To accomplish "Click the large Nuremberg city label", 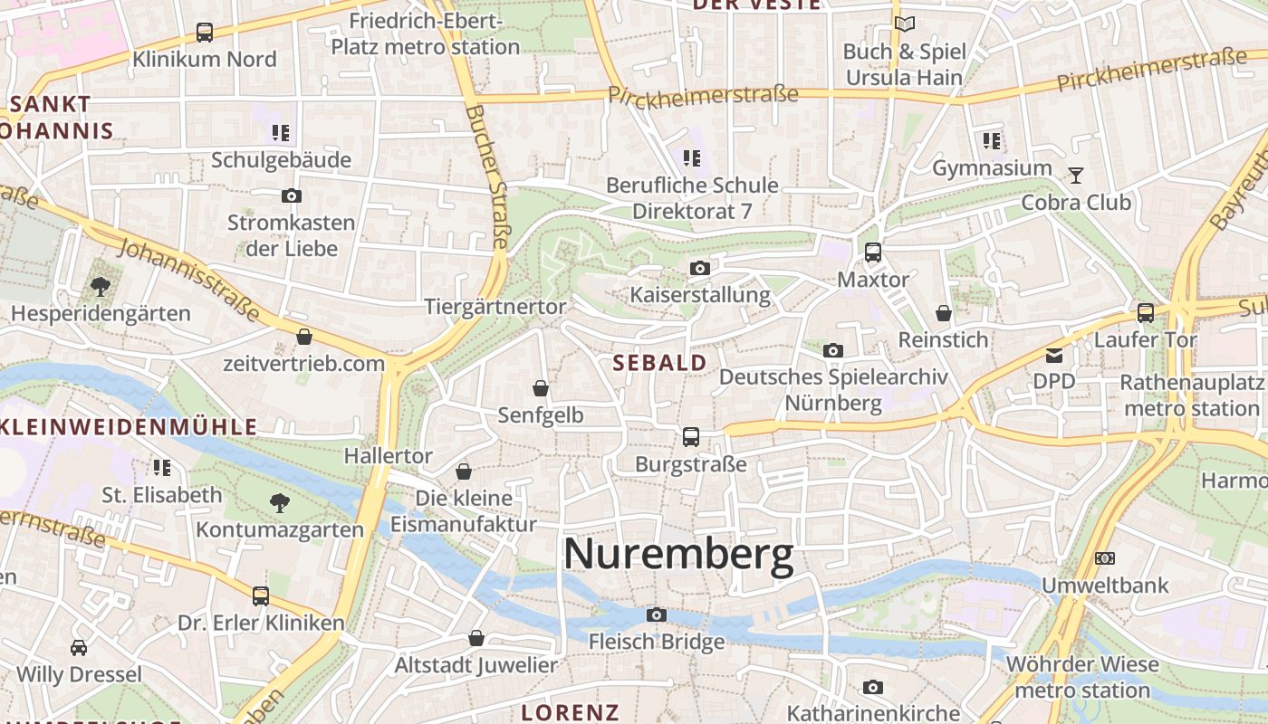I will click(678, 554).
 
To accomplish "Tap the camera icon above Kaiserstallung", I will click(699, 268).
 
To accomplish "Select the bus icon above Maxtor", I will click(873, 252).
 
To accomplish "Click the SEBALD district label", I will click(659, 363).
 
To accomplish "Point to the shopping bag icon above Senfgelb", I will click(541, 388).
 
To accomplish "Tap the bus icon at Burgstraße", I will click(691, 437).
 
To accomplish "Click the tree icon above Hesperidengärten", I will click(101, 287).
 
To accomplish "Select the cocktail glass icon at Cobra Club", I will click(1076, 175).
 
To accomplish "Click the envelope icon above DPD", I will click(1054, 355).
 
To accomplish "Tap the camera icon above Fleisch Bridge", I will click(657, 615).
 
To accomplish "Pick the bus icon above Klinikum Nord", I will click(205, 33).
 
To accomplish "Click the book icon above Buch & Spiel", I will click(904, 24).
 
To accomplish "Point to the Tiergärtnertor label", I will click(495, 307).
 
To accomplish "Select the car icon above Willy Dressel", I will click(79, 648).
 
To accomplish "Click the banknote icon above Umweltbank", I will click(1105, 558).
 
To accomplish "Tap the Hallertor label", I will click(388, 456).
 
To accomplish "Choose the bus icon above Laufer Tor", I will click(1146, 313).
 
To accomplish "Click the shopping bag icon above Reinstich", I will click(944, 313).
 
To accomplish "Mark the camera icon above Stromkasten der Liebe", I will click(292, 195).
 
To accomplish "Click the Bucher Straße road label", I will click(489, 176).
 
